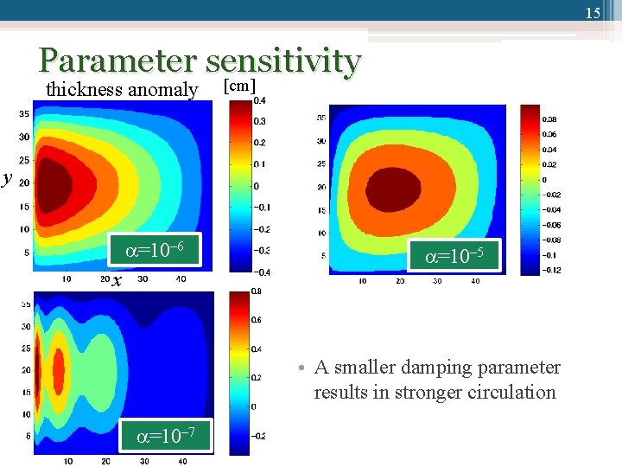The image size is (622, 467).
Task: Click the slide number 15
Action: [592, 13]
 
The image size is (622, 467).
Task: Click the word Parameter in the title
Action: [117, 61]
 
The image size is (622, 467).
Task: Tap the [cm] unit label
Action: [240, 86]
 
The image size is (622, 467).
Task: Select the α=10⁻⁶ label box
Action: [154, 252]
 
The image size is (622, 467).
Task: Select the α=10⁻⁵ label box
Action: [454, 256]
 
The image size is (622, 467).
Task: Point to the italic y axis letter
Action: [7, 179]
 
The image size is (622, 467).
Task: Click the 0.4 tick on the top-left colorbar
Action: [259, 100]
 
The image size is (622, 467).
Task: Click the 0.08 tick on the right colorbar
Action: [549, 119]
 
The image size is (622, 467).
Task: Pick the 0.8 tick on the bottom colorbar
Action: [257, 292]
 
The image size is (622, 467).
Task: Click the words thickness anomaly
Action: [122, 89]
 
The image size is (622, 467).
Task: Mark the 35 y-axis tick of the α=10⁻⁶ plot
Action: [24, 112]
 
